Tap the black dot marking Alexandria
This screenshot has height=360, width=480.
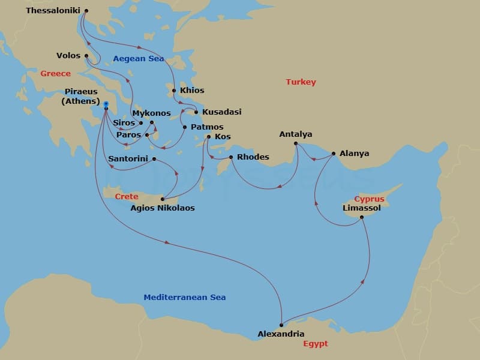click(x=281, y=325)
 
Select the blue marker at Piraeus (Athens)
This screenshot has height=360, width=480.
click(x=106, y=104)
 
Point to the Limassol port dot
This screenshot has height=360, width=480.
click(x=362, y=217)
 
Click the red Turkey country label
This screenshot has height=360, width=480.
click(x=301, y=82)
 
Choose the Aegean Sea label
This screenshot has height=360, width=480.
click(x=139, y=59)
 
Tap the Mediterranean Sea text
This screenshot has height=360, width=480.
click(x=185, y=298)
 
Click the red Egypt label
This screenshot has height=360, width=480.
click(x=315, y=344)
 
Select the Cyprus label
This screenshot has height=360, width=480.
click(x=368, y=199)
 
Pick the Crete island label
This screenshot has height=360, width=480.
click(x=127, y=197)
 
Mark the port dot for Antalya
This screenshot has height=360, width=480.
click(x=296, y=143)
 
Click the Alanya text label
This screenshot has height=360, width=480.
click(x=354, y=154)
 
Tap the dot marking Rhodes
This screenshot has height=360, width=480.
click(x=231, y=157)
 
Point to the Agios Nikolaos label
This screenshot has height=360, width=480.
click(x=163, y=209)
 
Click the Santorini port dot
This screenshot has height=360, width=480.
click(x=154, y=159)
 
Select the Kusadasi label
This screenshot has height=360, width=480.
click(x=221, y=112)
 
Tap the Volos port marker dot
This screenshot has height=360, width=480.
click(x=87, y=56)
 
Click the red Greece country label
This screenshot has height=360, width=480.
click(x=55, y=74)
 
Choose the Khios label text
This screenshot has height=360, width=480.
click(x=192, y=91)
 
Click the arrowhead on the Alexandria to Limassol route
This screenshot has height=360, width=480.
click(x=366, y=280)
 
